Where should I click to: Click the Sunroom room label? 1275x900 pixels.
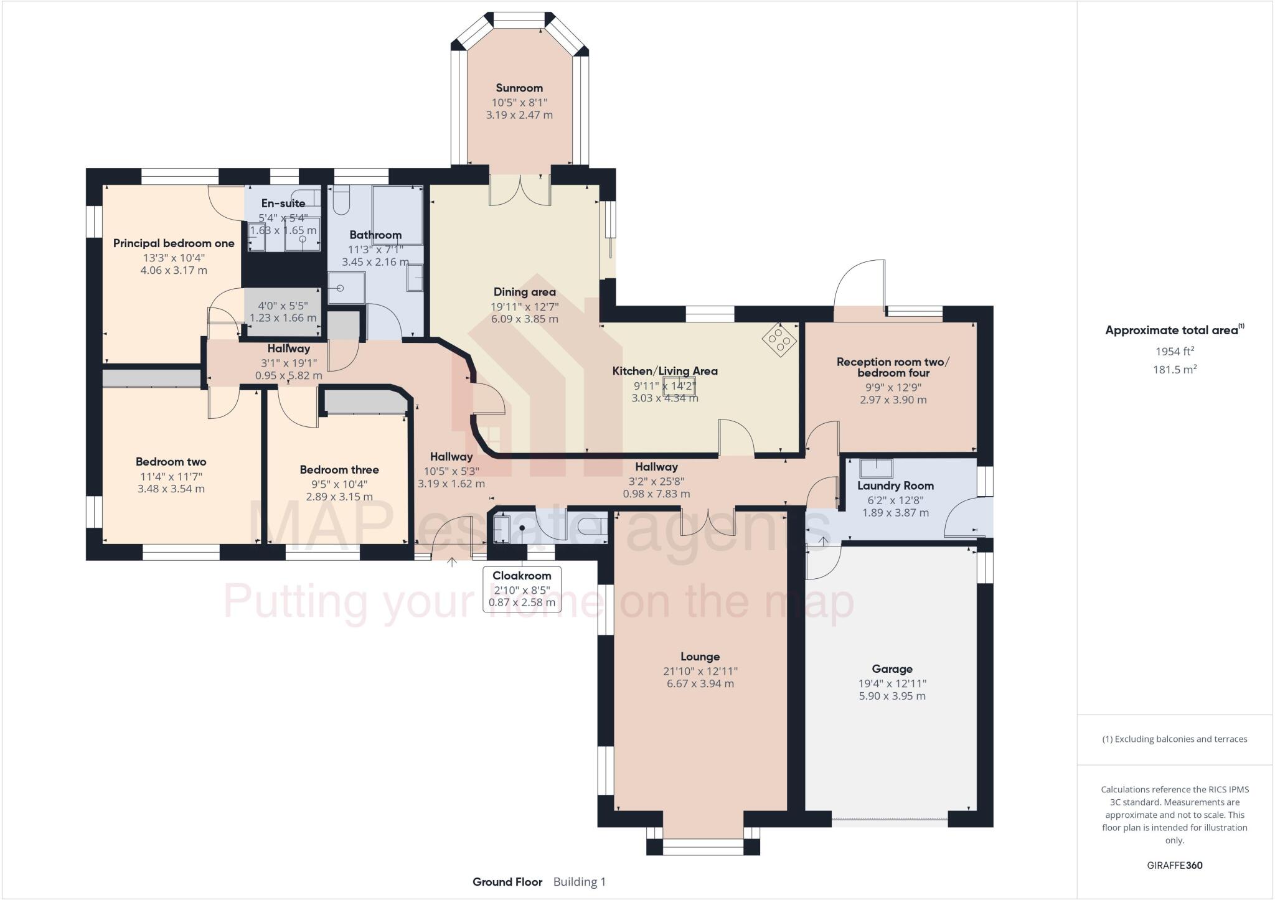(519, 88)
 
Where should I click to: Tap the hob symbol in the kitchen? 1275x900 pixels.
(780, 339)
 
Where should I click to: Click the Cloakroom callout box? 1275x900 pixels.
(522, 589)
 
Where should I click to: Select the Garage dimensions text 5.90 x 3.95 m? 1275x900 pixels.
(892, 696)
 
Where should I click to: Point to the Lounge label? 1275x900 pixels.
(700, 657)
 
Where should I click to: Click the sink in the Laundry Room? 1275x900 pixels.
(877, 468)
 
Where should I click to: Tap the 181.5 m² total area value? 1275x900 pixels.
(1175, 369)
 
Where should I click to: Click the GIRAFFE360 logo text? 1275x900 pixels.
(1175, 865)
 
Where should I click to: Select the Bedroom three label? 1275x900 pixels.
(339, 470)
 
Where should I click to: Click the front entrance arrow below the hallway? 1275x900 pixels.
(452, 562)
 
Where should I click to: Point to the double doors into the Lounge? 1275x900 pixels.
(708, 522)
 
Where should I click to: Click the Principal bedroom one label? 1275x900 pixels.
(174, 243)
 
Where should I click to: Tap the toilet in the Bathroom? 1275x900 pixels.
(341, 200)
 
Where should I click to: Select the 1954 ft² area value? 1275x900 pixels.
(1175, 351)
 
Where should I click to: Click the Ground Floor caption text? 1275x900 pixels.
(507, 881)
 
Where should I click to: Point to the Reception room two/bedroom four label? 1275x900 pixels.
(893, 367)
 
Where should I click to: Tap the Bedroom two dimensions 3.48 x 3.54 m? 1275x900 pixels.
(171, 489)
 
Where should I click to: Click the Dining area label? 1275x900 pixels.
(524, 292)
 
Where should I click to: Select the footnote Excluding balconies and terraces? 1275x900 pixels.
(1175, 739)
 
